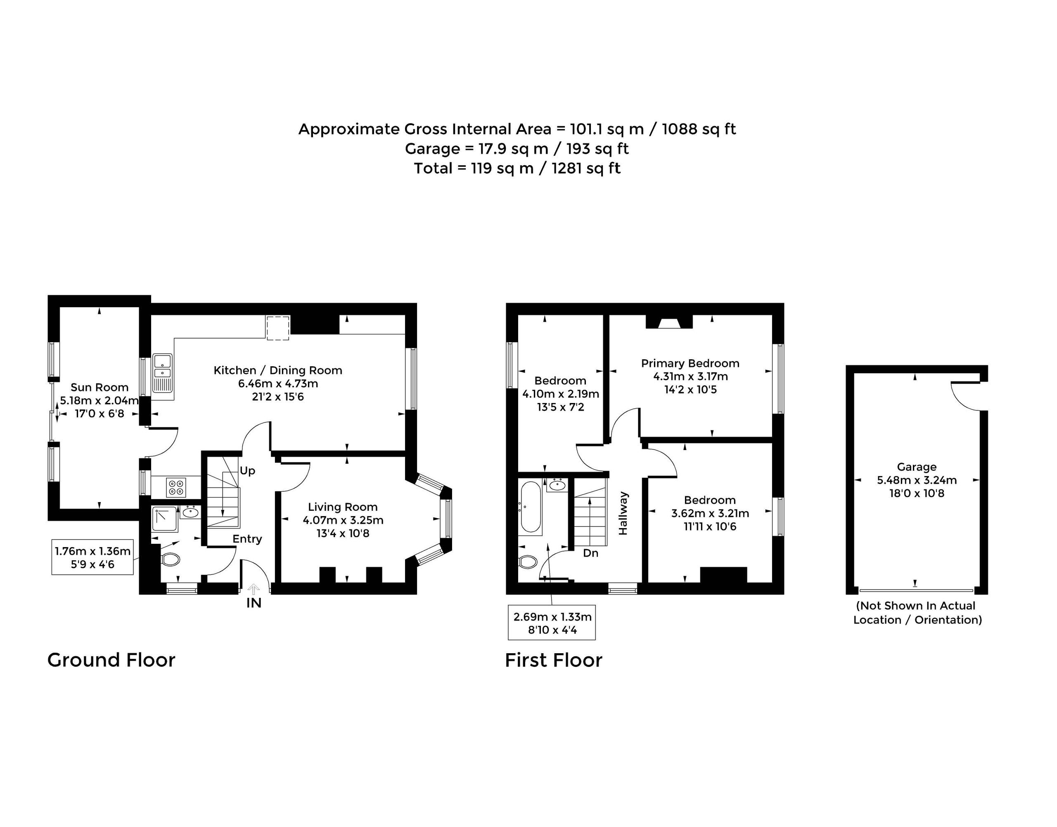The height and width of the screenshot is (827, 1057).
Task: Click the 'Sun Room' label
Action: point(99,387)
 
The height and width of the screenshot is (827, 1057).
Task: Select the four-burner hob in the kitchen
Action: point(176,487)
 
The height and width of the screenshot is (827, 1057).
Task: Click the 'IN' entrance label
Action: point(254,603)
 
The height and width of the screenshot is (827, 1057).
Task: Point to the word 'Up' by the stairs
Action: point(247,471)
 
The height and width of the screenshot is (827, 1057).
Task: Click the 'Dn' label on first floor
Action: point(591,553)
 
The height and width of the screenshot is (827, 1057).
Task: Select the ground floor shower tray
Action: point(165,519)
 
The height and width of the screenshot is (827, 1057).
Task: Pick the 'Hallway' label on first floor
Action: point(623,513)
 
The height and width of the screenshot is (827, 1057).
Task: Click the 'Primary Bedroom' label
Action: point(690,363)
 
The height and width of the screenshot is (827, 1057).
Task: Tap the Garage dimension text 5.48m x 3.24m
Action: point(917,480)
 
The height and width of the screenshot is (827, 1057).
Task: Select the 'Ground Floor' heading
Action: point(111,660)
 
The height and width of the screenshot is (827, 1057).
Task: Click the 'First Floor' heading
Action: point(553,660)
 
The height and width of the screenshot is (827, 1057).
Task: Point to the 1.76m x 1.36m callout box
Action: point(92,557)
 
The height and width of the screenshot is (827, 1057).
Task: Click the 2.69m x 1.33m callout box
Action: point(552,623)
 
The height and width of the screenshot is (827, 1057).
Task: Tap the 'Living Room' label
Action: point(343,507)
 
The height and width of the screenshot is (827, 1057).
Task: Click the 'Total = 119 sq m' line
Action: point(517,168)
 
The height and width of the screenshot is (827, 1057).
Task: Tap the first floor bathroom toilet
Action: point(527,562)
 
